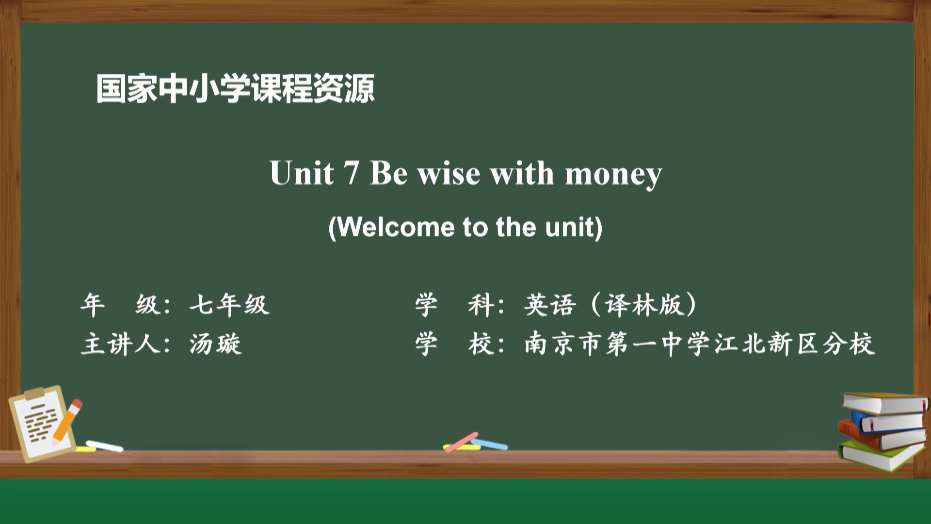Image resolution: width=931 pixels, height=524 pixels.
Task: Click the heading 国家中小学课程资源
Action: pyautogui.click(x=236, y=88)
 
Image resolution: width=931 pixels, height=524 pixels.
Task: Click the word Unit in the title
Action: pyautogui.click(x=302, y=173)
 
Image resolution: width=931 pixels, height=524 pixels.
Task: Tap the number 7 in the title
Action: pyautogui.click(x=351, y=173)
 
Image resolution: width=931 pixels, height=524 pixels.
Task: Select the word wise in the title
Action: pyautogui.click(x=449, y=174)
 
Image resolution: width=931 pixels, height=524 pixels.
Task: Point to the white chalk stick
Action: pyautogui.click(x=104, y=446)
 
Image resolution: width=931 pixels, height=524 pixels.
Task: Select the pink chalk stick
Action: pyautogui.click(x=461, y=442)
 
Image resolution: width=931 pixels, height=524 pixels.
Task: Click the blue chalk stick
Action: pyautogui.click(x=490, y=444)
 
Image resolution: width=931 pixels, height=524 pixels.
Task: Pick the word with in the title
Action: pyautogui.click(x=522, y=173)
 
